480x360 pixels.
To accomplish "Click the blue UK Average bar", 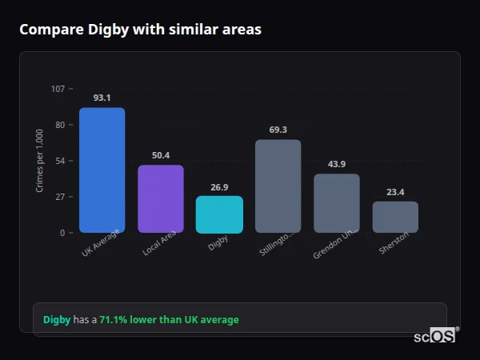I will [x=102, y=170].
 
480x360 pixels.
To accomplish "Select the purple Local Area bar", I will [x=161, y=199].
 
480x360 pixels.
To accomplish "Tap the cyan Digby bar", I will [x=219, y=214].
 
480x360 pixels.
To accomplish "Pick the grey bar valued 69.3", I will [x=278, y=186].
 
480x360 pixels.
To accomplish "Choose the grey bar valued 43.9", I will [x=337, y=203].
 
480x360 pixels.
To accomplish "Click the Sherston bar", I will [x=395, y=217].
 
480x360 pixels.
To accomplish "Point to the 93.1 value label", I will [x=102, y=98].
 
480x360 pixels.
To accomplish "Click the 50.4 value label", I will [x=161, y=155].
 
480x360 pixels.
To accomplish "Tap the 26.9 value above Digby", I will [x=219, y=186].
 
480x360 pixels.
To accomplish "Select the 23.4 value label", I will [x=395, y=192].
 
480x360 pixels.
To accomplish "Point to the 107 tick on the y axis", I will [x=58, y=89].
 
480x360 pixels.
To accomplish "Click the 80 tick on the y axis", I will [x=60, y=125].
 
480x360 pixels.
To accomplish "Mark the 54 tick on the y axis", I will [x=60, y=161].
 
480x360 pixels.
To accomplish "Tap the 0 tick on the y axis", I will [x=62, y=233].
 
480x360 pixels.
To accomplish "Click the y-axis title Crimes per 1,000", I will [x=40, y=161].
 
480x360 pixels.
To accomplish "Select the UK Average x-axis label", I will [x=101, y=244].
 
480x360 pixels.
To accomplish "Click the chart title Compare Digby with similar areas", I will [x=140, y=30].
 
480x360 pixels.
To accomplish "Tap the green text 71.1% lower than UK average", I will [x=169, y=320].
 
